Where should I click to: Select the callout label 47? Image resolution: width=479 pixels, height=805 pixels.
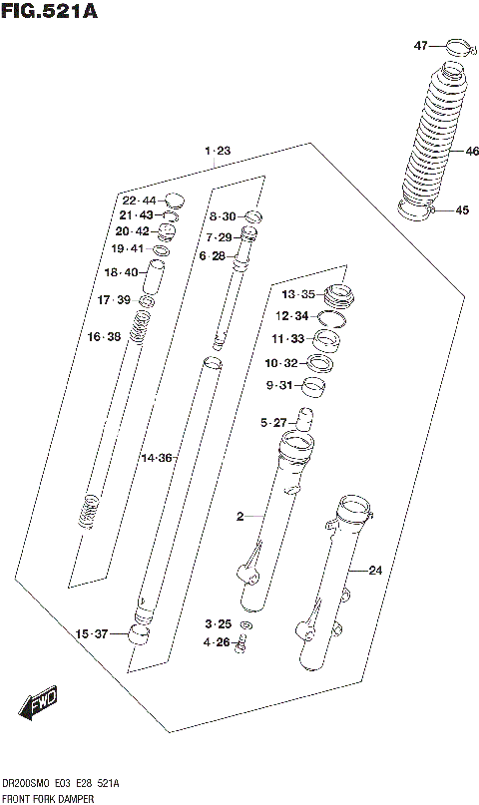click(421, 46)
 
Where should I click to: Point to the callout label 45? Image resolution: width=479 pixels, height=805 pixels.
click(461, 209)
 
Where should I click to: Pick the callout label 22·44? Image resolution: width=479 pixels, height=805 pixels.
click(139, 201)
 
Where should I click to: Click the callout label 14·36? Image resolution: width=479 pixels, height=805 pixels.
click(157, 458)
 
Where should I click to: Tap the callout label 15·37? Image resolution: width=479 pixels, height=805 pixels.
click(90, 633)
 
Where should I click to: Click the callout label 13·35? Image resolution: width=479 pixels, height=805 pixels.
click(297, 294)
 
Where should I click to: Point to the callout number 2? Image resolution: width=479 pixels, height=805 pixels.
click(239, 516)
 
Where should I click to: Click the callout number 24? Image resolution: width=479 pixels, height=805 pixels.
click(375, 571)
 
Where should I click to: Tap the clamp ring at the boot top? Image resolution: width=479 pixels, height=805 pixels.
click(458, 45)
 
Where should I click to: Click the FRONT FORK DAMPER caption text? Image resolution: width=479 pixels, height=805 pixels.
click(48, 799)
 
